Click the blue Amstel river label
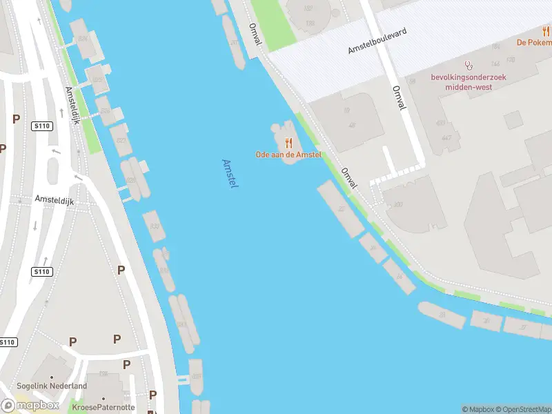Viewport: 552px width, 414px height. click(230, 174)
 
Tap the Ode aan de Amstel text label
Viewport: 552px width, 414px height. click(288, 155)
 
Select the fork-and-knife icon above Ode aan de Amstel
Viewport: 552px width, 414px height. click(289, 143)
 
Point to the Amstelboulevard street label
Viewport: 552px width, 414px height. click(377, 41)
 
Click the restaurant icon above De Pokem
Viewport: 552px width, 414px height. click(546, 31)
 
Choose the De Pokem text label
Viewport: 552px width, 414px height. click(534, 42)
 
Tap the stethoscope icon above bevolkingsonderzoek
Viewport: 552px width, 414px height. click(469, 66)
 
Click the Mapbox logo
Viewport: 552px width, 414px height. click(30, 405)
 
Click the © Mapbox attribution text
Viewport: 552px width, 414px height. click(475, 409)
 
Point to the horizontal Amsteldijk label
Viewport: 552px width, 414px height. click(55, 199)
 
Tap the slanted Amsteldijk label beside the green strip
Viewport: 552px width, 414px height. click(72, 105)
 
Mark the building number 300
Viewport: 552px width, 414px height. click(397, 205)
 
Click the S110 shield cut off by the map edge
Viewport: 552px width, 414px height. click(7, 342)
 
